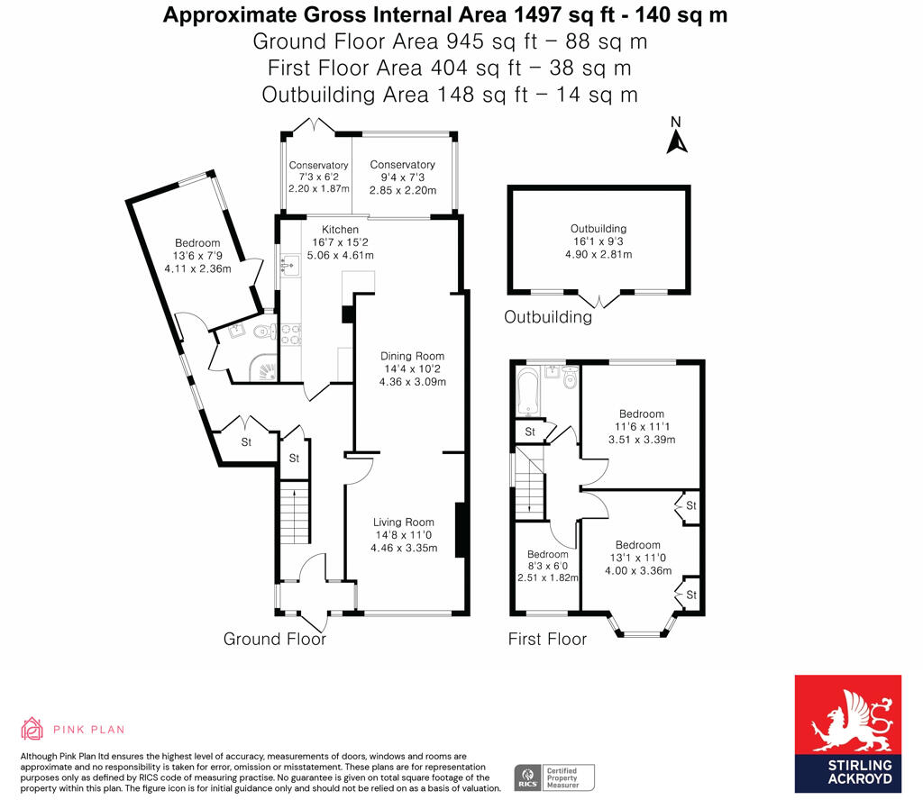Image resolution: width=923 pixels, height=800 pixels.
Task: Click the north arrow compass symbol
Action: pyautogui.click(x=677, y=137)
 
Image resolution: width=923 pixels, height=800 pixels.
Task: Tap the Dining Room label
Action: pyautogui.click(x=412, y=356)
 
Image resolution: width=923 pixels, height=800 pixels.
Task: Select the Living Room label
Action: pyautogui.click(x=405, y=522)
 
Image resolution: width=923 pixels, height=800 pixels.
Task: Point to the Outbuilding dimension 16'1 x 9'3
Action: pyautogui.click(x=599, y=241)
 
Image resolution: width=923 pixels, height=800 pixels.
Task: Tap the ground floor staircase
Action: pyautogui.click(x=295, y=513)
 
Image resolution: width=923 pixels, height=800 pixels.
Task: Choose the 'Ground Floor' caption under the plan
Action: pyautogui.click(x=275, y=639)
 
